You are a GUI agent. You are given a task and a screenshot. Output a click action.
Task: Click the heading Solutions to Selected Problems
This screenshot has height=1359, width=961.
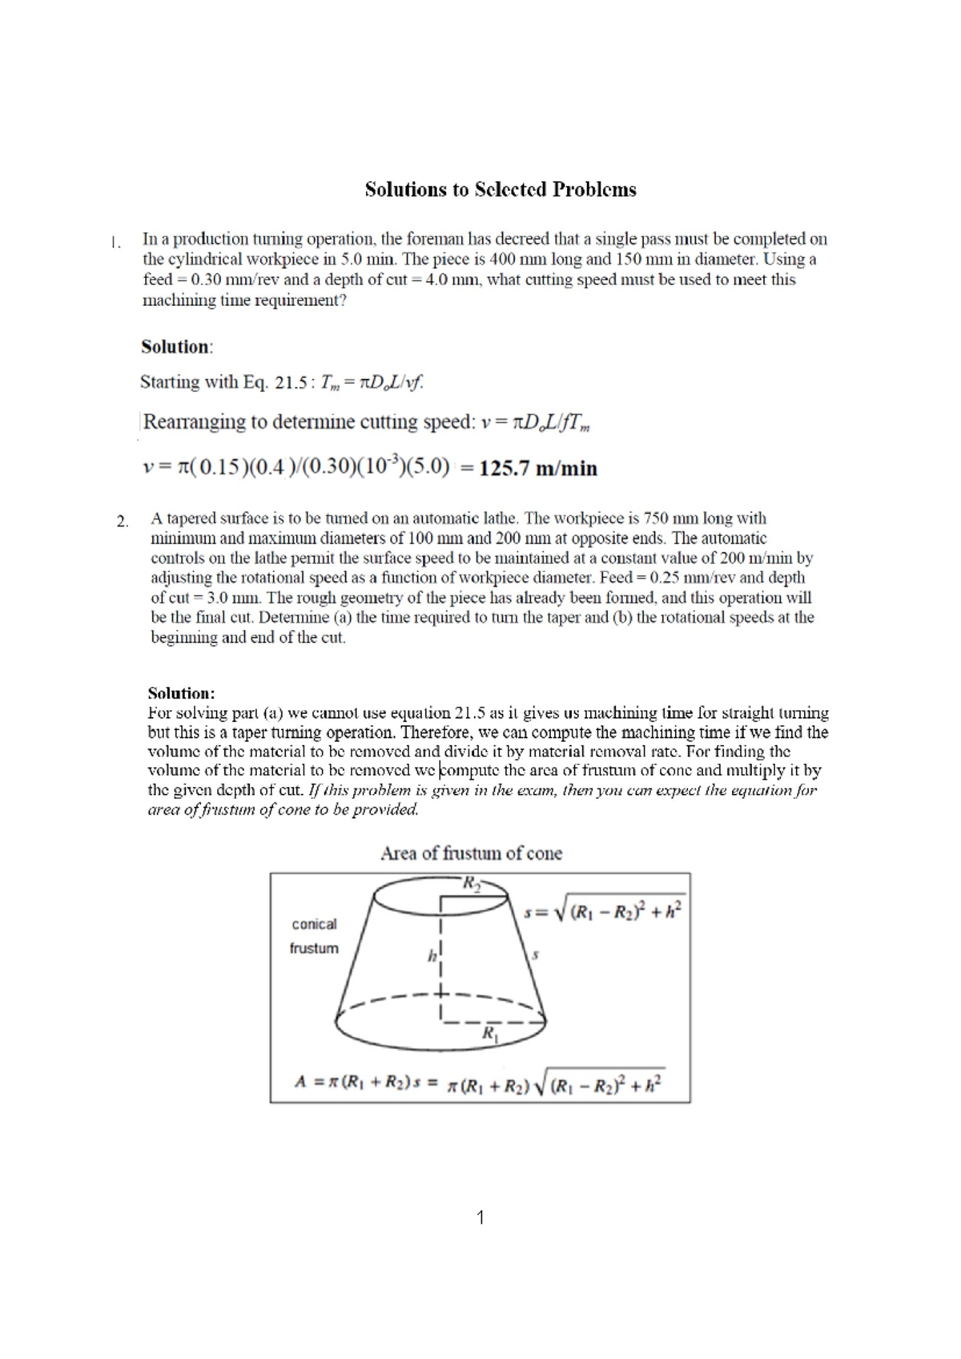click(x=501, y=190)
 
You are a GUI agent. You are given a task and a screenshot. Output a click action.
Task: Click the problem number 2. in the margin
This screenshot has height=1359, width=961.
click(x=122, y=522)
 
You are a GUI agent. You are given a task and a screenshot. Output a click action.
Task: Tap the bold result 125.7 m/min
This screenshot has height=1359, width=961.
click(x=538, y=469)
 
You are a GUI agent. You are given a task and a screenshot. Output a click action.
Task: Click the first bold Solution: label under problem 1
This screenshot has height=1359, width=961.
click(x=177, y=347)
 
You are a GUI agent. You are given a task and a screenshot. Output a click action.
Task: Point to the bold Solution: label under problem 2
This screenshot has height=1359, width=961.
click(x=182, y=692)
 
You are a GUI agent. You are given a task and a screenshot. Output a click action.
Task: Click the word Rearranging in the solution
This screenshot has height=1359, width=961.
click(x=193, y=422)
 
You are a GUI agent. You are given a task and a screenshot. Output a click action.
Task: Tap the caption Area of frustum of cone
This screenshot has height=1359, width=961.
click(x=471, y=853)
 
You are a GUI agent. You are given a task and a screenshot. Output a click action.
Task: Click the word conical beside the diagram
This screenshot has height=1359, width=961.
click(x=314, y=924)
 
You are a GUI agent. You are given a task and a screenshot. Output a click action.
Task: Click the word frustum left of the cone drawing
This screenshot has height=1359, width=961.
click(x=314, y=948)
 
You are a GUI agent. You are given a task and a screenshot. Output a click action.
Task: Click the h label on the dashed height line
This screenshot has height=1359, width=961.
click(x=432, y=955)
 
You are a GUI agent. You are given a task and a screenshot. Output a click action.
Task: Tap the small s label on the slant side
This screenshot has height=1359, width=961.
click(x=535, y=954)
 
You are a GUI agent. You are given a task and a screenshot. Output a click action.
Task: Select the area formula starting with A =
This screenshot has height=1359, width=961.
click(x=479, y=1083)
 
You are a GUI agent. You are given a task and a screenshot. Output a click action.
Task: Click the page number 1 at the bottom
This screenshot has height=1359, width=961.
click(x=480, y=1218)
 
